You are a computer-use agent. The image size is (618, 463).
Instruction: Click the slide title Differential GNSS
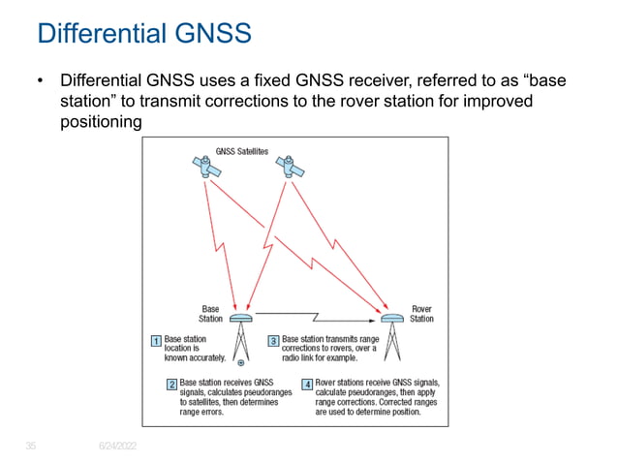143,34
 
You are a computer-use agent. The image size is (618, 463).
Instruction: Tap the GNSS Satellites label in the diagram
241,151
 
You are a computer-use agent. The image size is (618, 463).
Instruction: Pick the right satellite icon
289,169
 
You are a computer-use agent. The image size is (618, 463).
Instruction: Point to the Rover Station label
421,313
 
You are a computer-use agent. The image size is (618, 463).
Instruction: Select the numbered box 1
155,340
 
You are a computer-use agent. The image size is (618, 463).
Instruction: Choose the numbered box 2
171,385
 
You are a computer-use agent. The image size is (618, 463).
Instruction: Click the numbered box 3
273,340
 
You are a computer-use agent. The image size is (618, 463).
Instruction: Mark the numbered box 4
307,385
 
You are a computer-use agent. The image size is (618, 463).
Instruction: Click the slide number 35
31,445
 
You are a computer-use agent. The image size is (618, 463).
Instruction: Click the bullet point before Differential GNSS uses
41,81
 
